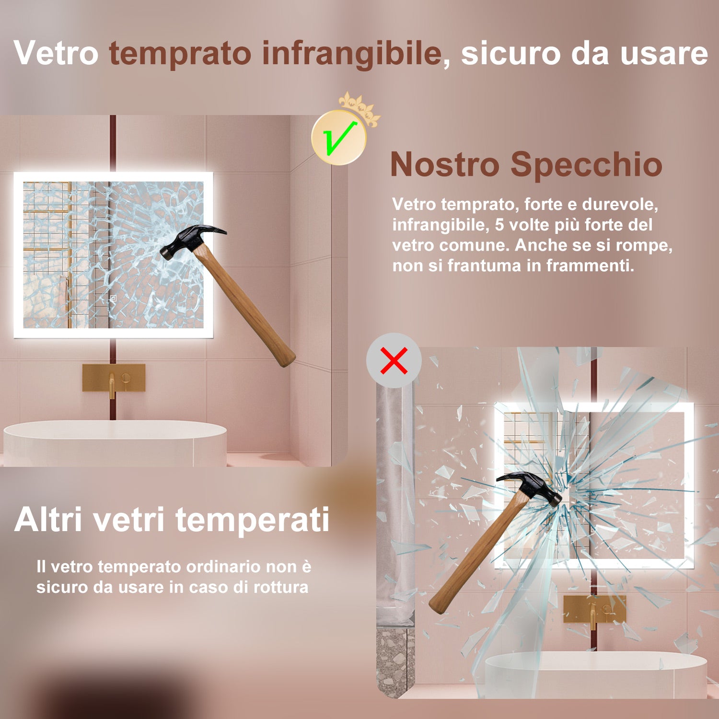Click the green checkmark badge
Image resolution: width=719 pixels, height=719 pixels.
tap(339, 138)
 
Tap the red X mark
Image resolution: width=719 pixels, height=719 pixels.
tap(394, 360)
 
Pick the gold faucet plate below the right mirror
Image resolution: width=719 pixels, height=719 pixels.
tap(594, 609)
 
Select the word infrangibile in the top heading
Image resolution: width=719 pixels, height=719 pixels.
tap(352, 54)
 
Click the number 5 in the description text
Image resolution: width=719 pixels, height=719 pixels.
tap(499, 225)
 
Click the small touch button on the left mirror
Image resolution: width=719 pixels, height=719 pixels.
tap(114, 298)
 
